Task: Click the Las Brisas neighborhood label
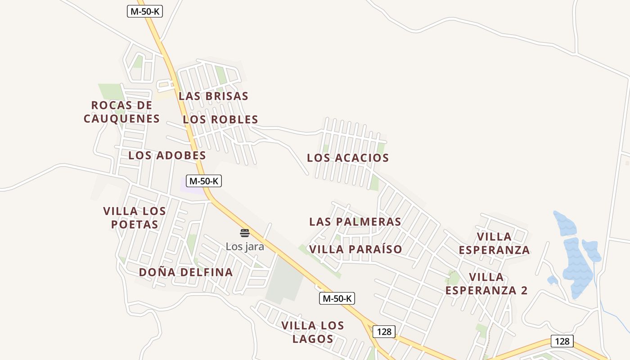point(213,96)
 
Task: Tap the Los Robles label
point(220,119)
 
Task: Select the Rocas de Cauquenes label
point(122,112)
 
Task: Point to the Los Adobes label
point(167,155)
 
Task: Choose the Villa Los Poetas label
point(135,217)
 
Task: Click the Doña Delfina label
point(186,272)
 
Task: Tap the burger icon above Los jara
point(245,233)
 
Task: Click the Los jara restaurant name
point(245,247)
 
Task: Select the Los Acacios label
point(348,158)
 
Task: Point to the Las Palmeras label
point(355,221)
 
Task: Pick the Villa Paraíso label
point(355,249)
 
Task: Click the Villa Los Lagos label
point(313,332)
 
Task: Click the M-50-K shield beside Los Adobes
point(204,181)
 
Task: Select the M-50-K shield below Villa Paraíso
point(337,298)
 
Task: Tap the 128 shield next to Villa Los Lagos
point(384,332)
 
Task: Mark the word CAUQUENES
point(122,119)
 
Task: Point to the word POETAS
point(135,225)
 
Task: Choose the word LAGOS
point(313,339)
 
